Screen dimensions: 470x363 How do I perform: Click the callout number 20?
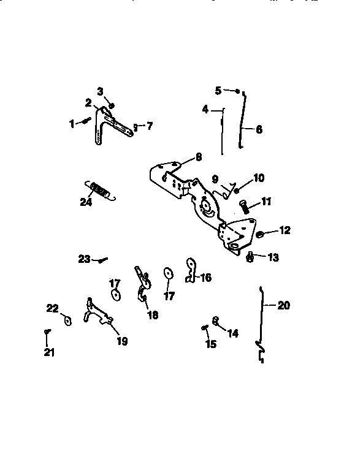tap(284, 305)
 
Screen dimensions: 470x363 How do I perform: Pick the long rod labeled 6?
tap(242, 123)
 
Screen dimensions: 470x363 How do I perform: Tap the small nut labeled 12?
tap(259, 233)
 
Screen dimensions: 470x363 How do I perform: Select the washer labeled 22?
tap(67, 320)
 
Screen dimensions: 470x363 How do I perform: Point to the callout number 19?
tap(122, 341)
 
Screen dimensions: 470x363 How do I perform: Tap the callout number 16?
tap(205, 278)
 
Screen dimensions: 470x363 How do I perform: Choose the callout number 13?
tap(272, 258)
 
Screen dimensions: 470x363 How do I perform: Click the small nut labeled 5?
tap(237, 91)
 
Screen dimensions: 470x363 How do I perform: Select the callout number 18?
tap(153, 315)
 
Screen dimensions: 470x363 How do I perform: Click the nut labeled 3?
tap(112, 105)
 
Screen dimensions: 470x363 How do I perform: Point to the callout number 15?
tap(211, 344)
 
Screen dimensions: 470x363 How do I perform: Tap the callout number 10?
tap(259, 178)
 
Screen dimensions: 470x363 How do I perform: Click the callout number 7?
tap(149, 126)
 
